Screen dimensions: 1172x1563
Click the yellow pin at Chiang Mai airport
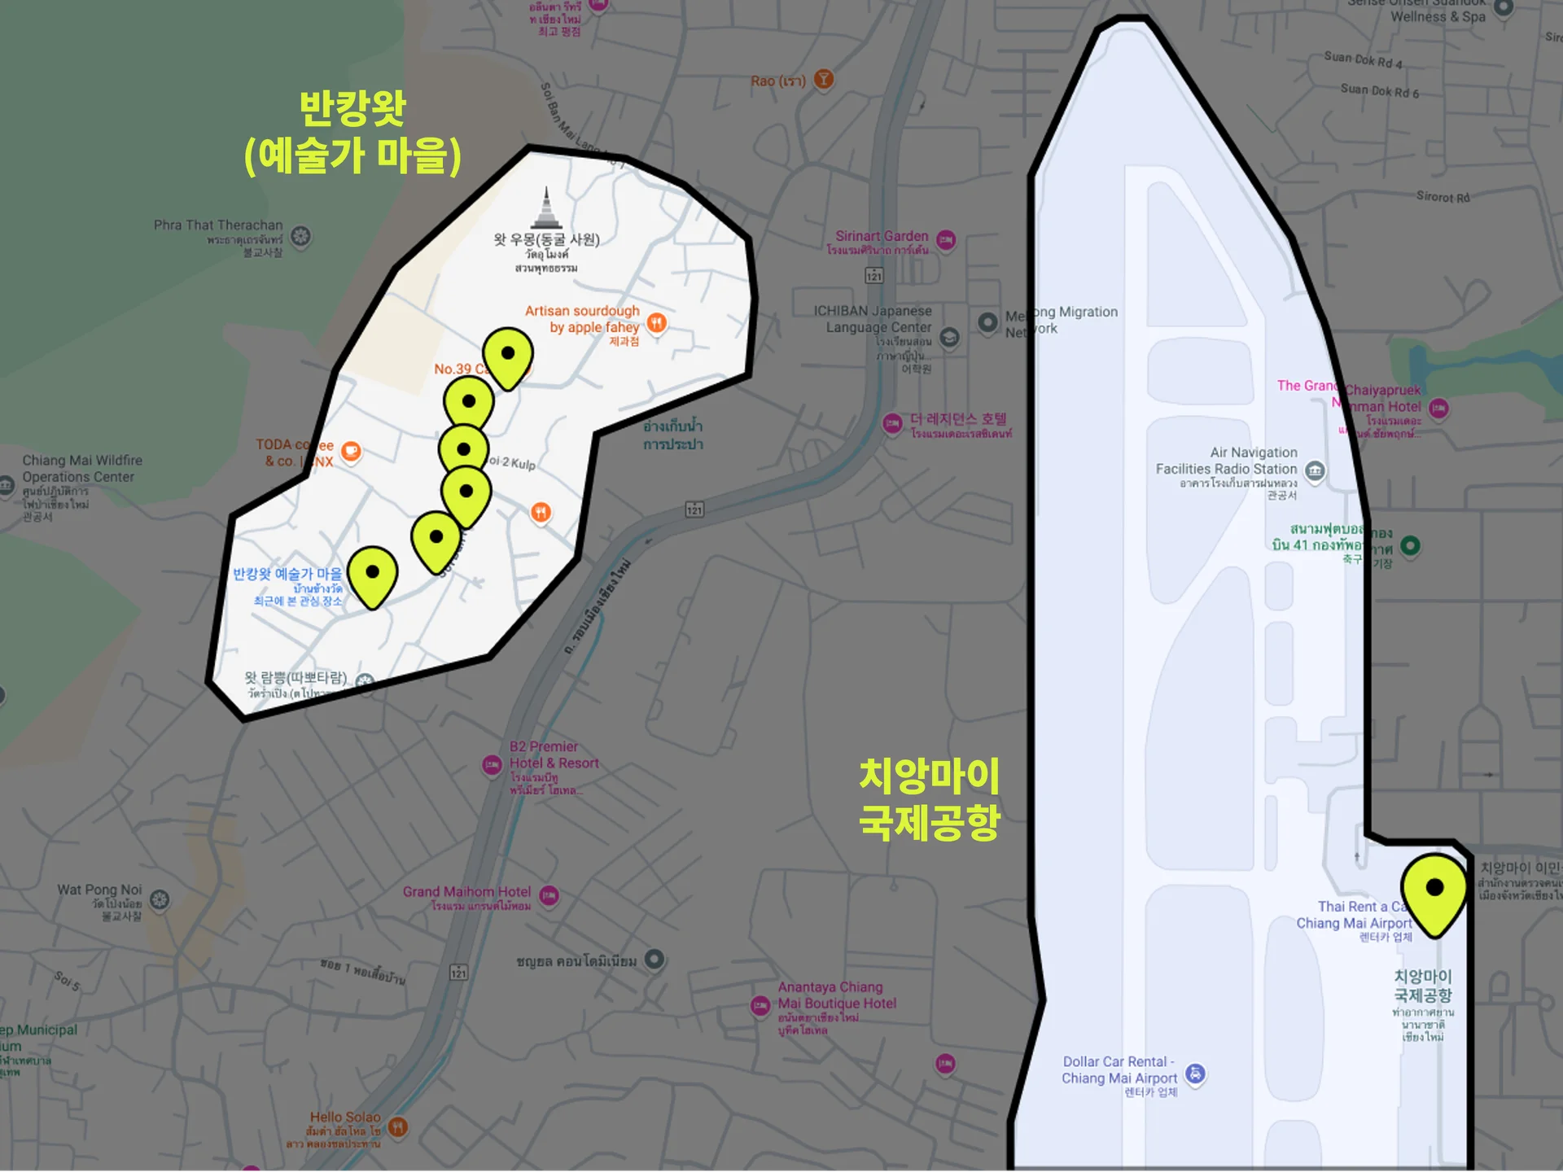click(1434, 890)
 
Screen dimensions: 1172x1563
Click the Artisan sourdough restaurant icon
click(657, 323)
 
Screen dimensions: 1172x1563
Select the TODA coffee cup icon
click(351, 451)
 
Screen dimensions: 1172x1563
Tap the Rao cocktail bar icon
click(824, 79)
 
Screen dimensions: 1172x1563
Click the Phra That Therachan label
click(218, 225)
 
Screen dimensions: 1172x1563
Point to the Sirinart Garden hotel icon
click(945, 239)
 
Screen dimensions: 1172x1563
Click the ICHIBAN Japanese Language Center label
click(873, 319)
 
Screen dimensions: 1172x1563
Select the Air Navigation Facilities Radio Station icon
click(1315, 470)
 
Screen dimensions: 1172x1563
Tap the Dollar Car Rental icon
click(1195, 1074)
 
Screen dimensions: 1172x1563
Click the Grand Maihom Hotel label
click(466, 892)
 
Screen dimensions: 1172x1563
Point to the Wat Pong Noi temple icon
click(160, 899)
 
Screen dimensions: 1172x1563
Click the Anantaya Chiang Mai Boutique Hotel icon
click(760, 1005)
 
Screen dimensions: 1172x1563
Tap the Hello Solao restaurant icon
click(398, 1126)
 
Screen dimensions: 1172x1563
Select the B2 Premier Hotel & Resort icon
click(492, 765)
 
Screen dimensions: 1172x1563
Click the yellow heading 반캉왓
click(352, 108)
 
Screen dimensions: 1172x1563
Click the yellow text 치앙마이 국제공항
click(930, 798)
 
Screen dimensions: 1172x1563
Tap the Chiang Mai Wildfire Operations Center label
click(81, 469)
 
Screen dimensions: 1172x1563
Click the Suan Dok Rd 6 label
click(1379, 90)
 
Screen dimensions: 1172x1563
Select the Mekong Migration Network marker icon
click(987, 321)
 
